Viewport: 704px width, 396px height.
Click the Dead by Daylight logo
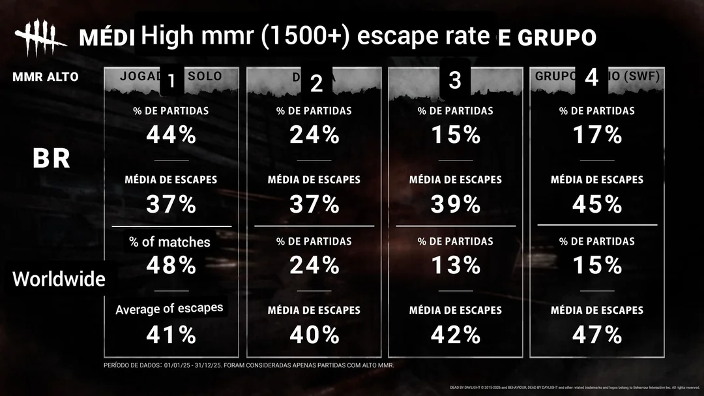(40, 38)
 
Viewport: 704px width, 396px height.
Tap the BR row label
(51, 159)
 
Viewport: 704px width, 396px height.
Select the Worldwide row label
(59, 279)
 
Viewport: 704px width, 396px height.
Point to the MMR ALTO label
(45, 77)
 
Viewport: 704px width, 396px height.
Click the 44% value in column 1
(171, 135)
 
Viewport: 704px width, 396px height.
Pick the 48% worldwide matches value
(171, 265)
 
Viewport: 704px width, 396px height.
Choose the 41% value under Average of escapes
(171, 335)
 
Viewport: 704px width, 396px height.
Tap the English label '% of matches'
(169, 242)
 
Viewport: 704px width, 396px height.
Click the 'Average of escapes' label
(169, 309)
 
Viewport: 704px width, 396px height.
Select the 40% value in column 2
(314, 335)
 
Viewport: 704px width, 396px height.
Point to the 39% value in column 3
(456, 204)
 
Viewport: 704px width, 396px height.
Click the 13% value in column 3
(456, 265)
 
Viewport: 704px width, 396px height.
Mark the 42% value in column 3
(456, 335)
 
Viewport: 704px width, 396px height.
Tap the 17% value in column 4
(597, 135)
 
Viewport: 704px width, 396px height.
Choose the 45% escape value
(597, 204)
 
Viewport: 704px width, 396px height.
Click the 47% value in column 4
(597, 335)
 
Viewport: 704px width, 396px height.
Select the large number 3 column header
(455, 80)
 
